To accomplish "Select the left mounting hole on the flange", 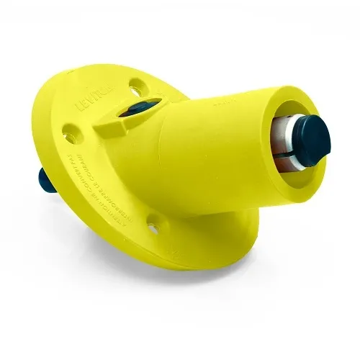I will pyautogui.click(x=70, y=132).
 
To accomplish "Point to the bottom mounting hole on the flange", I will pyautogui.click(x=153, y=228).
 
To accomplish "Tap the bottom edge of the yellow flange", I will pyautogui.click(x=166, y=263).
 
